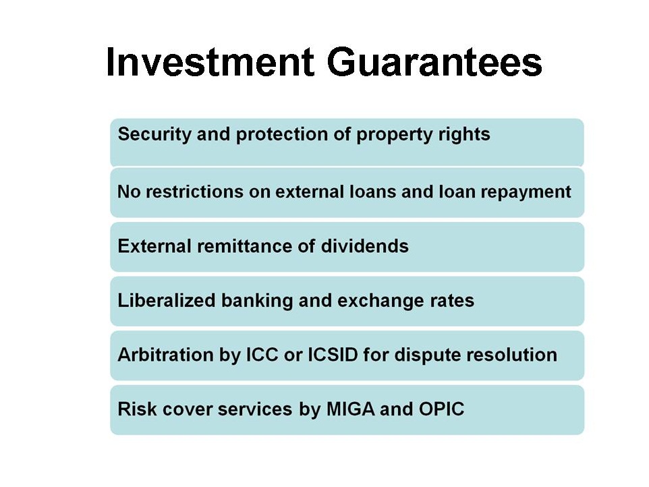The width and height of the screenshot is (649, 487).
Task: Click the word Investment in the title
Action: [210, 62]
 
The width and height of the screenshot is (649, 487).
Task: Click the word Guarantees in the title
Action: [434, 62]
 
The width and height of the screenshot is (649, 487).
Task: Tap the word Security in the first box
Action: [154, 134]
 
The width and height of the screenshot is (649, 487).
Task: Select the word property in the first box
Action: [394, 134]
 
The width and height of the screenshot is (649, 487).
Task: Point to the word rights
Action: [464, 134]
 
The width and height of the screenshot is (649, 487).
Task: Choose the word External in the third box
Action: [154, 246]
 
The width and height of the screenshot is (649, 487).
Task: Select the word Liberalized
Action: [167, 300]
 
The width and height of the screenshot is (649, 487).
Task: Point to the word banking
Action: [257, 301]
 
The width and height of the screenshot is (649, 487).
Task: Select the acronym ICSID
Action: [333, 355]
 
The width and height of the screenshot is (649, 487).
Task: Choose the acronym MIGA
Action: [351, 409]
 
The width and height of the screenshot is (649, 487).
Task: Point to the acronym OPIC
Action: [441, 409]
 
